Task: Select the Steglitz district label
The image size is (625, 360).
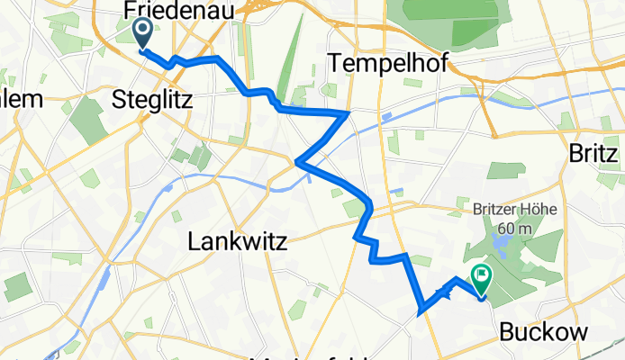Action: click(x=152, y=100)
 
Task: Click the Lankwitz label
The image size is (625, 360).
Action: click(x=237, y=240)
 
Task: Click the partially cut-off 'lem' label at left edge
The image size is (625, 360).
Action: click(x=20, y=100)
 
